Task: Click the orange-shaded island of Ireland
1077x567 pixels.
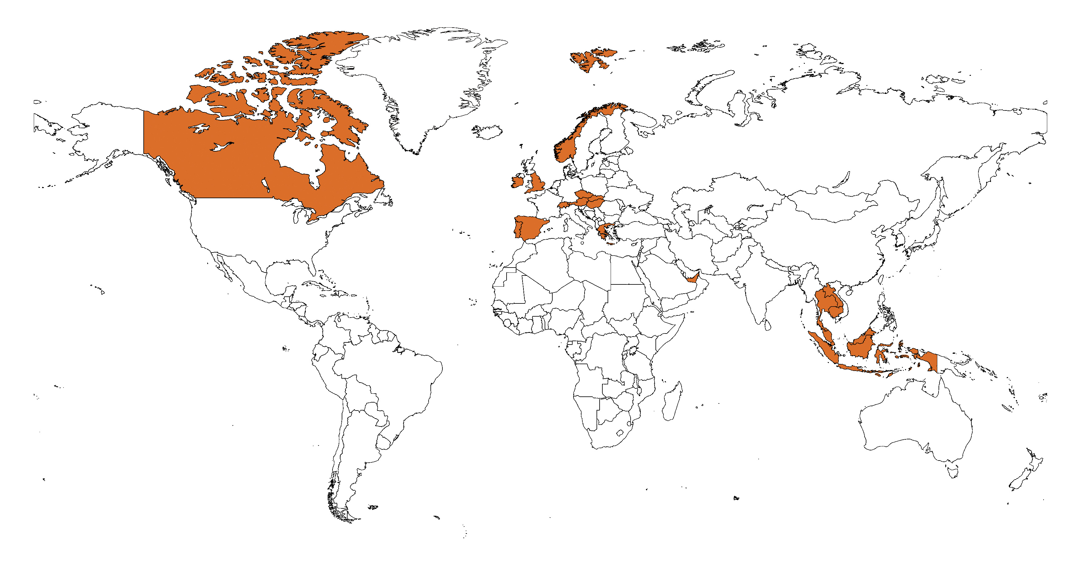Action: click(x=517, y=182)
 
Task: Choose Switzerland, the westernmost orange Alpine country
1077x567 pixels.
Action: click(x=564, y=205)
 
